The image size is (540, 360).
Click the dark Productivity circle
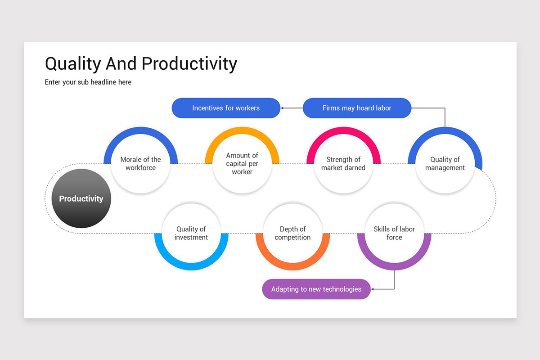tap(81, 198)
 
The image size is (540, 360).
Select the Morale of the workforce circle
tap(140, 164)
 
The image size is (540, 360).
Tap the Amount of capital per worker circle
tap(242, 164)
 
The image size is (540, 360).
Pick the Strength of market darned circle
tap(343, 164)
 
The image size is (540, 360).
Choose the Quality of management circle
tap(445, 164)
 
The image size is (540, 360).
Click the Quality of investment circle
tap(191, 233)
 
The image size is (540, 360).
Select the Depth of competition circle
tap(292, 233)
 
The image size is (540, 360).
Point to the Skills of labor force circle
tap(394, 233)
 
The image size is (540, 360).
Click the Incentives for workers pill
tap(226, 108)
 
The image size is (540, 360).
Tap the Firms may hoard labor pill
tap(357, 108)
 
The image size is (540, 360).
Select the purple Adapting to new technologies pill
tap(316, 289)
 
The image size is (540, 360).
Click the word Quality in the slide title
tap(73, 64)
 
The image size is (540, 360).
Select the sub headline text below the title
tap(88, 82)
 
